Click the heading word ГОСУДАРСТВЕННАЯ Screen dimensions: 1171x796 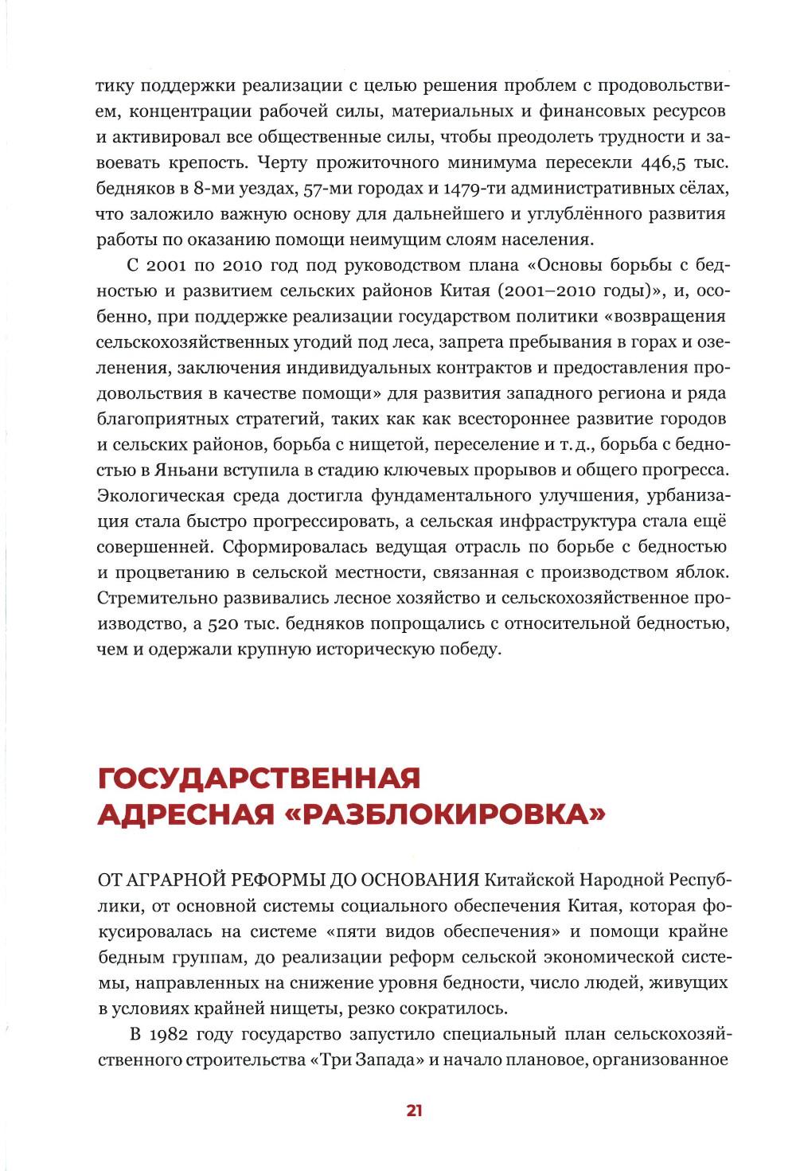259,777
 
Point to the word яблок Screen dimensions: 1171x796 699,572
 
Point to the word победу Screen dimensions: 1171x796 470,649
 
